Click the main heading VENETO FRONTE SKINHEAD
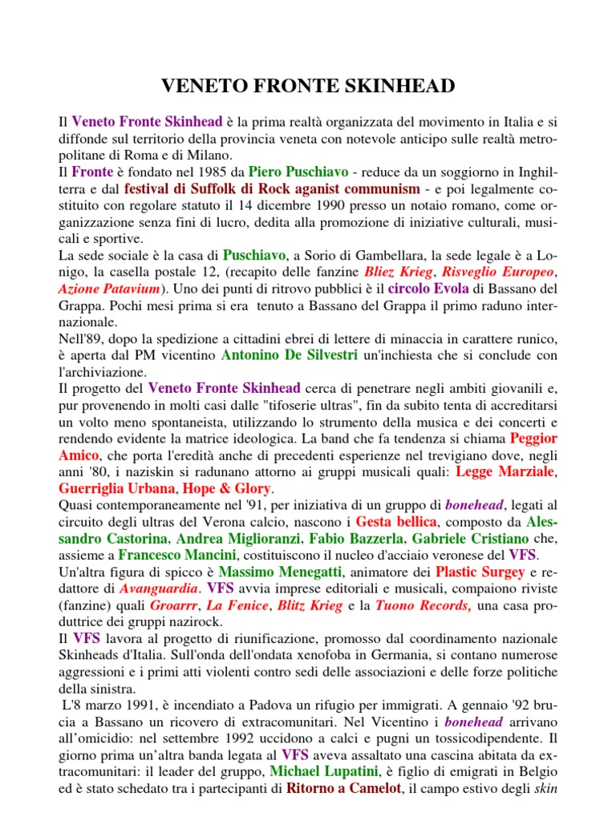click(308, 86)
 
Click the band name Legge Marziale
click(505, 472)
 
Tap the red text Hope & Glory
click(228, 488)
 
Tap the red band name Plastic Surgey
click(477, 572)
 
